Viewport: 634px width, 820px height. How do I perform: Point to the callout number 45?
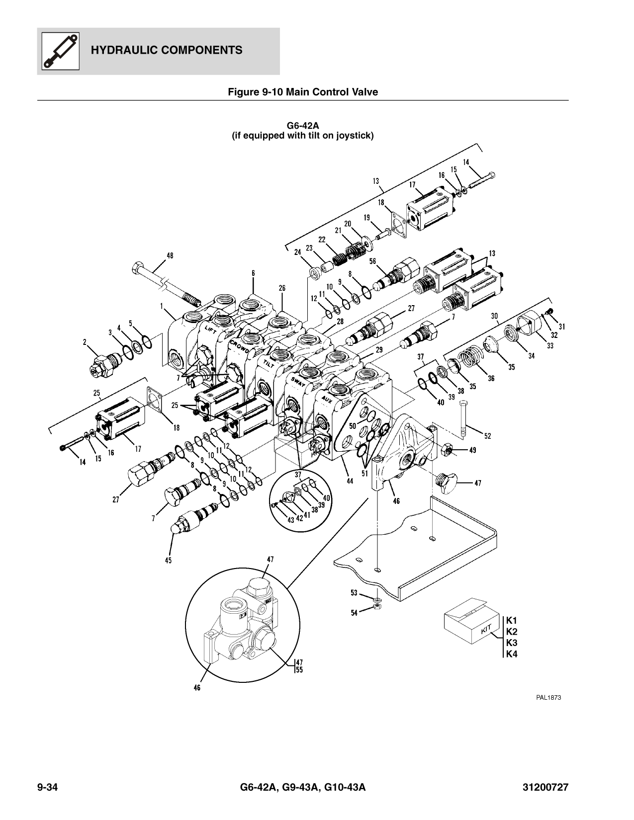click(168, 560)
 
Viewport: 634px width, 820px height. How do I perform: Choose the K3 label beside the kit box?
click(512, 643)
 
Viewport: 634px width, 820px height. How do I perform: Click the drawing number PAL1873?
click(548, 697)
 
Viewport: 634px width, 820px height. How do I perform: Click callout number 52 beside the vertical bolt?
click(487, 436)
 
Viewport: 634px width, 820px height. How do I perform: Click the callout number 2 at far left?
click(85, 341)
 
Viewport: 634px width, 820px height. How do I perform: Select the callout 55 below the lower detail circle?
click(299, 669)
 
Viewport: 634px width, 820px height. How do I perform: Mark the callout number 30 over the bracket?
click(494, 316)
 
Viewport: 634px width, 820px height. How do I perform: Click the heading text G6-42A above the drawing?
click(303, 126)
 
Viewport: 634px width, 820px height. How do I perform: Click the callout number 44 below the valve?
click(350, 481)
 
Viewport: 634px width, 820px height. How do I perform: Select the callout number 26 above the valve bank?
click(282, 288)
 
